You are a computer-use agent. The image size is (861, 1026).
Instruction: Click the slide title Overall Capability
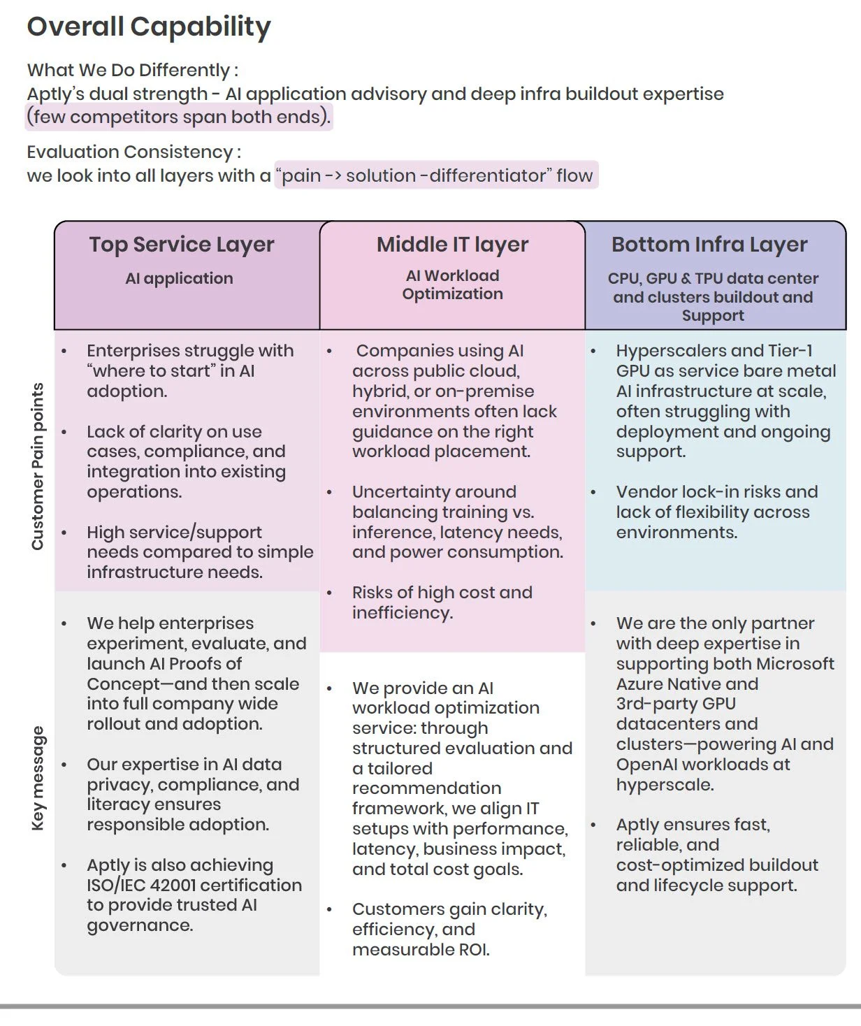148,27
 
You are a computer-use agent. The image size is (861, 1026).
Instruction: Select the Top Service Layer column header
181,245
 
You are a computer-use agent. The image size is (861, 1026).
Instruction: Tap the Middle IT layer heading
452,245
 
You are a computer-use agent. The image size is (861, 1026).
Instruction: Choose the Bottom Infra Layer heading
709,245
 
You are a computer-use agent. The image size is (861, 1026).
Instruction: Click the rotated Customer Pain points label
38,466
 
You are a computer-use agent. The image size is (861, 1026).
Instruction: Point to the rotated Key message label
38,778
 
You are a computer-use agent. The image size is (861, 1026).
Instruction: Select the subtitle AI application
179,278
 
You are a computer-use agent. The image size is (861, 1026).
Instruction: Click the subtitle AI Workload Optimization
452,284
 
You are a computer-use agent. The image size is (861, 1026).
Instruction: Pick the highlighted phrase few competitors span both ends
178,117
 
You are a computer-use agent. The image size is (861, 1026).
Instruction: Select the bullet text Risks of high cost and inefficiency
442,602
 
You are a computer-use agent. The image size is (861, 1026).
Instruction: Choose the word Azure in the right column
639,684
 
